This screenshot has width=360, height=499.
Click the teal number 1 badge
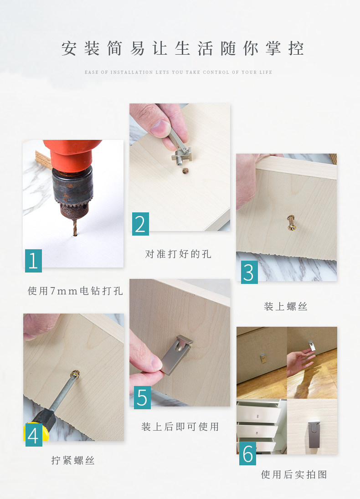tap(33, 261)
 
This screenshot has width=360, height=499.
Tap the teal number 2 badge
tap(140, 224)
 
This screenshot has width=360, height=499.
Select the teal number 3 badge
tap(249, 272)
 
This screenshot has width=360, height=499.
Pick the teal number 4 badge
tap(34, 435)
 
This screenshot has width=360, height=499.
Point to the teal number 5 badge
tap(142, 397)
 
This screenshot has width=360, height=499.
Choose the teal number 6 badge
tap(247, 453)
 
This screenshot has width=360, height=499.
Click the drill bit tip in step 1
tap(75, 235)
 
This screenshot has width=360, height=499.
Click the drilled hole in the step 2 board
tap(185, 170)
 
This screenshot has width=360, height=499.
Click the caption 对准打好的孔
tap(178, 254)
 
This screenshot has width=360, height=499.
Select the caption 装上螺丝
tap(286, 307)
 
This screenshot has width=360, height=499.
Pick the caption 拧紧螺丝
tap(73, 460)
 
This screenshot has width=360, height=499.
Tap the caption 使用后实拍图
tap(294, 474)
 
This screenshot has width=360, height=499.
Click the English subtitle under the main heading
tap(178, 72)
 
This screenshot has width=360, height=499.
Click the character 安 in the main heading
tap(69, 48)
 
